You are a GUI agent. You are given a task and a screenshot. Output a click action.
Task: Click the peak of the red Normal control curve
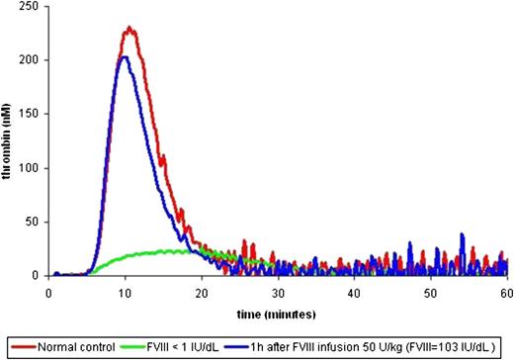pyautogui.click(x=128, y=29)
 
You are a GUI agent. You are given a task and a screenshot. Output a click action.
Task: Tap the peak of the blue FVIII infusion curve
pyautogui.click(x=124, y=56)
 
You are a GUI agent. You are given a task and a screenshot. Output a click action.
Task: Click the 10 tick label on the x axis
pyautogui.click(x=125, y=293)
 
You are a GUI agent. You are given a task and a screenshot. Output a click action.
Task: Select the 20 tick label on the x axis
pyautogui.click(x=201, y=293)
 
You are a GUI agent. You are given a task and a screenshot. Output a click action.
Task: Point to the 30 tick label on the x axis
pyautogui.click(x=277, y=293)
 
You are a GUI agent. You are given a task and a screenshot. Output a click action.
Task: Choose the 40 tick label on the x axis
pyautogui.click(x=353, y=293)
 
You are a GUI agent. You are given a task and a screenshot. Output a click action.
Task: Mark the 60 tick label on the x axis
pyautogui.click(x=505, y=293)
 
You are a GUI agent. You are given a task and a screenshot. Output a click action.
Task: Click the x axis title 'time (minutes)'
pyautogui.click(x=276, y=313)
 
